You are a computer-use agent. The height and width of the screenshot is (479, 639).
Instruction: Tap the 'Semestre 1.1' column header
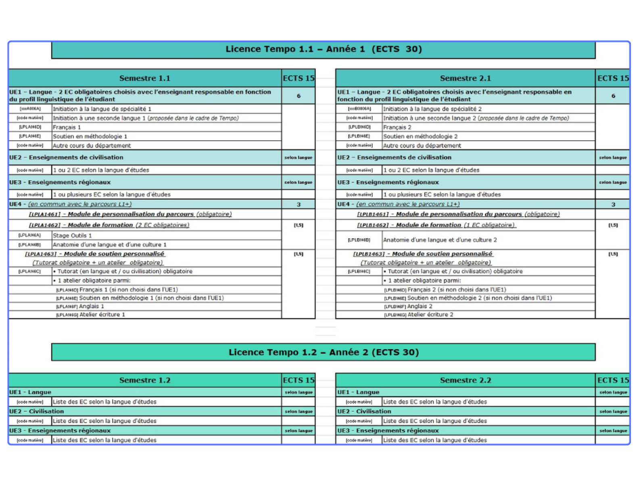pyautogui.click(x=144, y=78)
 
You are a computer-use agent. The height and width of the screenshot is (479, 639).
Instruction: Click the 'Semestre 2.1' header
pyautogui.click(x=465, y=78)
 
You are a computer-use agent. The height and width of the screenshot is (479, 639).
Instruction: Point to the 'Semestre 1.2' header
pyautogui.click(x=144, y=380)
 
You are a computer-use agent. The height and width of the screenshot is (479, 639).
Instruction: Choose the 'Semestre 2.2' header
pyautogui.click(x=465, y=380)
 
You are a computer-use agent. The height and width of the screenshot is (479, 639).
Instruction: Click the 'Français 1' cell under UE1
pyautogui.click(x=67, y=127)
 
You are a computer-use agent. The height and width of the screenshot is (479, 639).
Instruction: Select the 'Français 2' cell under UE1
pyautogui.click(x=397, y=127)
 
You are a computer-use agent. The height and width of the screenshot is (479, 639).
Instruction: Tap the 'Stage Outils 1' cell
pyautogui.click(x=72, y=235)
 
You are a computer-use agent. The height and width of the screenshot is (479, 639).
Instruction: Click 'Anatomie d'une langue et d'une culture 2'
pyautogui.click(x=440, y=240)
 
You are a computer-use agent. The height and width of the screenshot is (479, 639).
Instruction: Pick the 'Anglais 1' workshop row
pyautogui.click(x=91, y=306)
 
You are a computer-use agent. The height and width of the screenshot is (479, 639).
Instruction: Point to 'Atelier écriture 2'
pyautogui.click(x=430, y=314)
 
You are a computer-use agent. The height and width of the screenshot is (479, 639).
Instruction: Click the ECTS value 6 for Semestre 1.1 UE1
pyautogui.click(x=299, y=96)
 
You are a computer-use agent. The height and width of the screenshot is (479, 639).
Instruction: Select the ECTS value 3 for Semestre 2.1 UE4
pyautogui.click(x=613, y=204)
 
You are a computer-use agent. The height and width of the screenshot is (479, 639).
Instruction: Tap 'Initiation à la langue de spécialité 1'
pyautogui.click(x=102, y=109)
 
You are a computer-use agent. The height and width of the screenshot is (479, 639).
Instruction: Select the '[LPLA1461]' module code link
pyautogui.click(x=45, y=214)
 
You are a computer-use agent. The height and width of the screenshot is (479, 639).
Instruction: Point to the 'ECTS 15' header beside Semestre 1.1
pyautogui.click(x=299, y=78)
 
